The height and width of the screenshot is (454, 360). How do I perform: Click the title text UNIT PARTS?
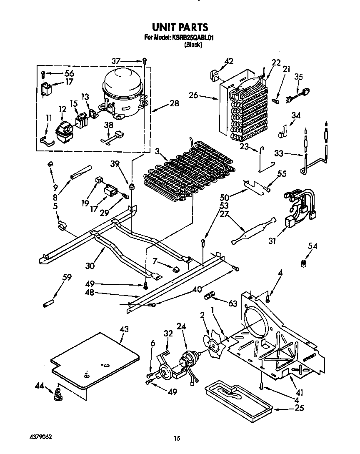pyautogui.click(x=180, y=27)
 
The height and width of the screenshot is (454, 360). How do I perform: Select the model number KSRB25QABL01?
pyautogui.click(x=192, y=38)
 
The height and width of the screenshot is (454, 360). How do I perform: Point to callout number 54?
pyautogui.click(x=312, y=246)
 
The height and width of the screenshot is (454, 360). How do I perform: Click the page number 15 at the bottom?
pyautogui.click(x=177, y=438)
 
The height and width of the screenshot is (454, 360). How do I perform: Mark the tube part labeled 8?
pyautogui.click(x=82, y=171)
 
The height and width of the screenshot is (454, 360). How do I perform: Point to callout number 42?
pyautogui.click(x=228, y=61)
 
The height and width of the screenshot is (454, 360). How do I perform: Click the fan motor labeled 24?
pyautogui.click(x=189, y=359)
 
